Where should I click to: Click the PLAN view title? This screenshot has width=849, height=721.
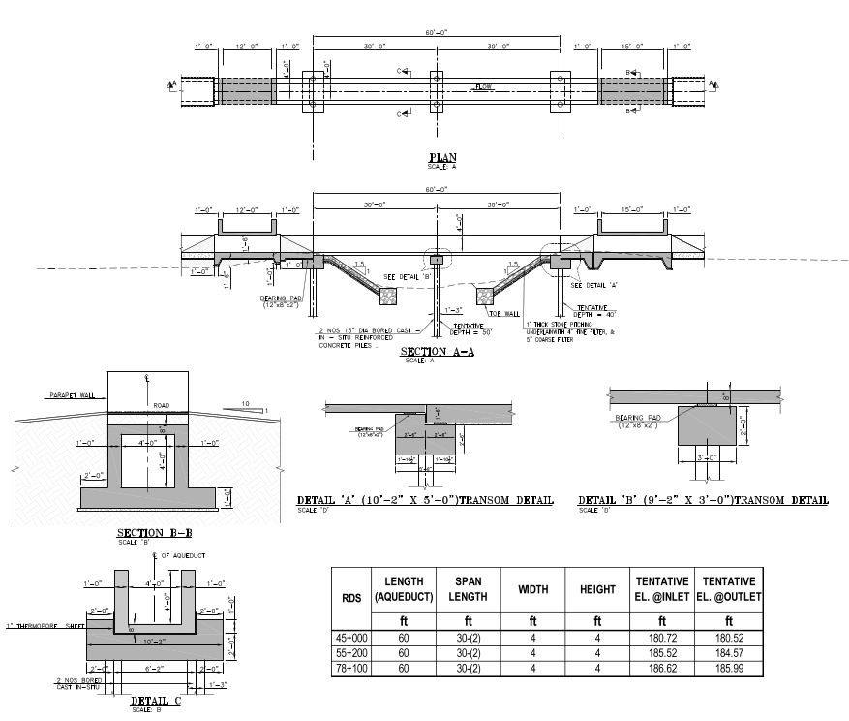pyautogui.click(x=442, y=157)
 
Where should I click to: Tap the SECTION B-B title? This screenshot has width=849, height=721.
pyautogui.click(x=154, y=533)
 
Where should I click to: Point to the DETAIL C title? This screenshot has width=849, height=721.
pyautogui.click(x=150, y=700)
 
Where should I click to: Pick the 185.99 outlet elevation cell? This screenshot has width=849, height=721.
pyautogui.click(x=727, y=669)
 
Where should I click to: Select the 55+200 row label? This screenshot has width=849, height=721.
pyautogui.click(x=351, y=654)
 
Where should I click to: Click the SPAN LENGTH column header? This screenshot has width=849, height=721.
pyautogui.click(x=468, y=588)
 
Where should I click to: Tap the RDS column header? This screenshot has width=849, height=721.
pyautogui.click(x=351, y=597)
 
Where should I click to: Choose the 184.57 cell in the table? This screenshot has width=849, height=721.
pyautogui.click(x=727, y=654)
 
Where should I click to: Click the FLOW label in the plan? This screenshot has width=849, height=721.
pyautogui.click(x=483, y=87)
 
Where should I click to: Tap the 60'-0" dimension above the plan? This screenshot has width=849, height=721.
pyautogui.click(x=437, y=33)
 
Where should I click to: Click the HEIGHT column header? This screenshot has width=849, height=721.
pyautogui.click(x=597, y=588)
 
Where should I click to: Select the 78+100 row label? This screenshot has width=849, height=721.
pyautogui.click(x=351, y=669)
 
